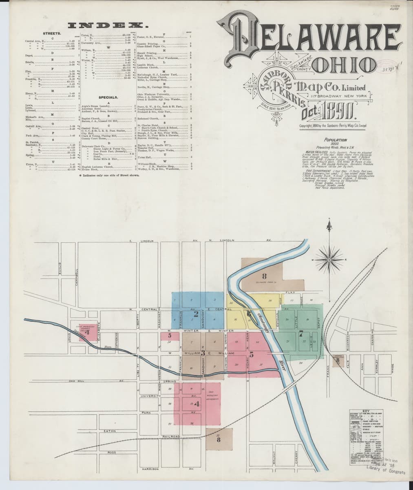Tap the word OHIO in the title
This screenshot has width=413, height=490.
[348, 64]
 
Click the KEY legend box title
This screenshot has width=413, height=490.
[366, 411]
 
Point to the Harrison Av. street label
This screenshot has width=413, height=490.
[150, 469]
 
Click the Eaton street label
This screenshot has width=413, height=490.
[110, 431]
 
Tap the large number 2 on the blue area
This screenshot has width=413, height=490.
[196, 314]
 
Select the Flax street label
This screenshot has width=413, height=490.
[290, 292]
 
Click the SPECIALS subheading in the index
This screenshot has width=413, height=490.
[108, 98]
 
